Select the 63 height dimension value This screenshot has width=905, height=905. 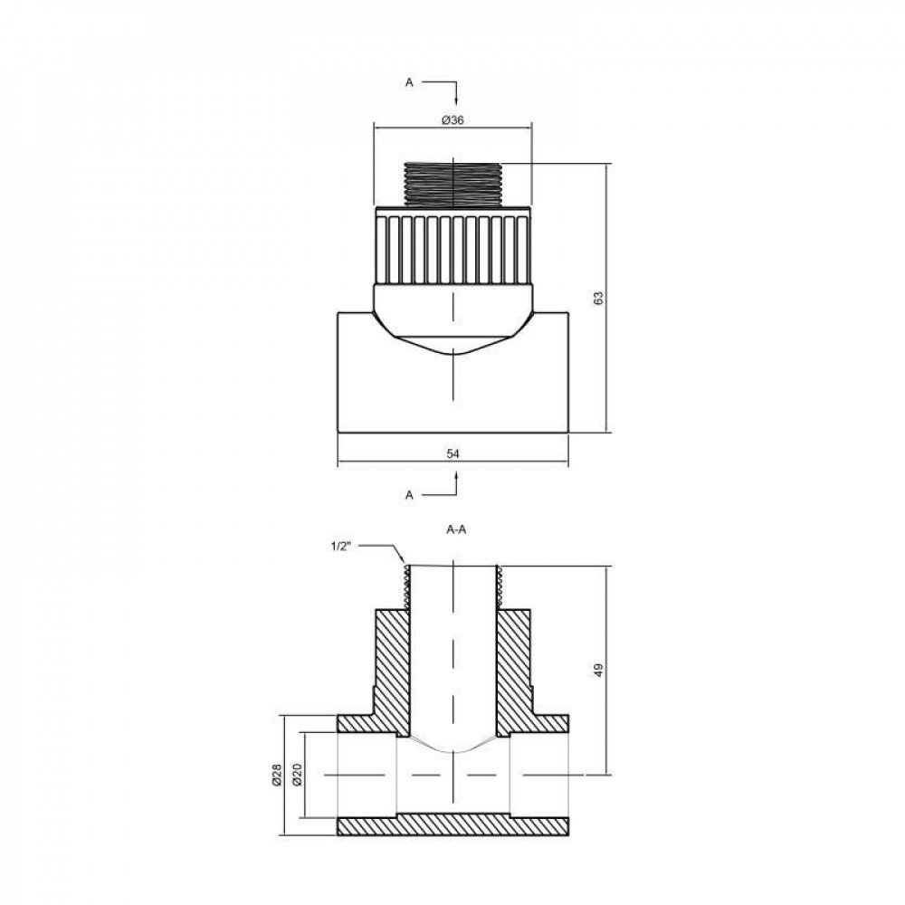pos(598,298)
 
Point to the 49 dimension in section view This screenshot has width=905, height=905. pos(598,670)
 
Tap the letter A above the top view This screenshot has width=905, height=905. pos(409,82)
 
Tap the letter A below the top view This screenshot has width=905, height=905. pos(409,495)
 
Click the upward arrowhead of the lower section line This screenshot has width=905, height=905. pos(456,477)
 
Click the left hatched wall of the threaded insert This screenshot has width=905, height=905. pos(392,670)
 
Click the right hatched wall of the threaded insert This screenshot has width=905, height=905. pos(513,670)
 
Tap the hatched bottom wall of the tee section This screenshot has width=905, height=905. pos(452,826)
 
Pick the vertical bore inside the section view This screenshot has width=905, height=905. pos(452,652)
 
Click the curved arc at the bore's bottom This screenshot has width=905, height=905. pos(452,750)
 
